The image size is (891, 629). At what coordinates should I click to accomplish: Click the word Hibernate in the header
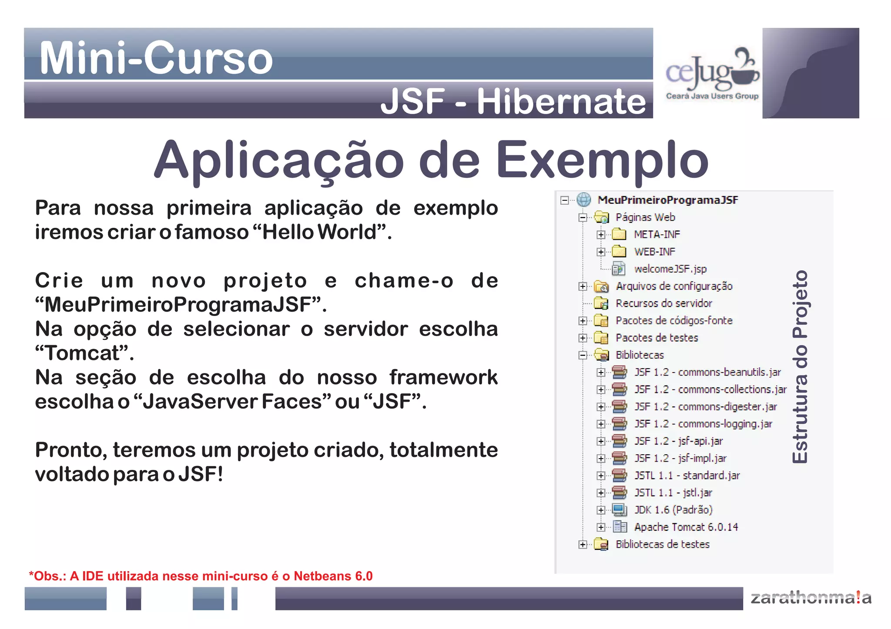point(561,102)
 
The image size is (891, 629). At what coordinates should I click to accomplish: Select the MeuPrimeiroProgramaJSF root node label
point(668,200)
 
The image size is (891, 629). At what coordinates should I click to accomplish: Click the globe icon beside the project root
point(584,200)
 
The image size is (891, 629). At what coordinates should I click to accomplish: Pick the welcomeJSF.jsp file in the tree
point(670,269)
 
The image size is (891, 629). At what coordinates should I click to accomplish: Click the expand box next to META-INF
point(601,235)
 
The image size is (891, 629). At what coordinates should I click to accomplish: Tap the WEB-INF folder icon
point(619,252)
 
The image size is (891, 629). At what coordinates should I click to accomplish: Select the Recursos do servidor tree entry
point(664,303)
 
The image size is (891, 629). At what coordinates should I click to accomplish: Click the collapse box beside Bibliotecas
point(583,355)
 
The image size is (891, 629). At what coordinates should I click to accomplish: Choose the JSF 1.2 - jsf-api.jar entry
point(678,441)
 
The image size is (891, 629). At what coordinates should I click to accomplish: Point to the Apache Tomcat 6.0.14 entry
point(686,527)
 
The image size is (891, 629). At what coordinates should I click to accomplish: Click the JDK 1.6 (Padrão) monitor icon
point(620,510)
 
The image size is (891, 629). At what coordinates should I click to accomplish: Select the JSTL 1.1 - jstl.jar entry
point(673,493)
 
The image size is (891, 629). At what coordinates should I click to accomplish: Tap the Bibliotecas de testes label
point(663,544)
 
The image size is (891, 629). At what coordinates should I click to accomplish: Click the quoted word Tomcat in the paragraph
point(84,353)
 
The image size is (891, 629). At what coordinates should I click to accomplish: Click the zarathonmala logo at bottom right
point(811,598)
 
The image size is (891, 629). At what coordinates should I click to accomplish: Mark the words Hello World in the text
point(319,232)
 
